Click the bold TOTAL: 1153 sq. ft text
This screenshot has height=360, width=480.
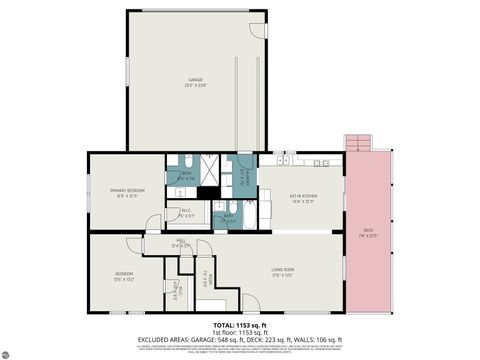(x=239, y=326)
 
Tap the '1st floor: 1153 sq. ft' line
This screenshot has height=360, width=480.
(x=239, y=333)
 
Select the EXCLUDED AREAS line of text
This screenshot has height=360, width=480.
(x=239, y=341)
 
